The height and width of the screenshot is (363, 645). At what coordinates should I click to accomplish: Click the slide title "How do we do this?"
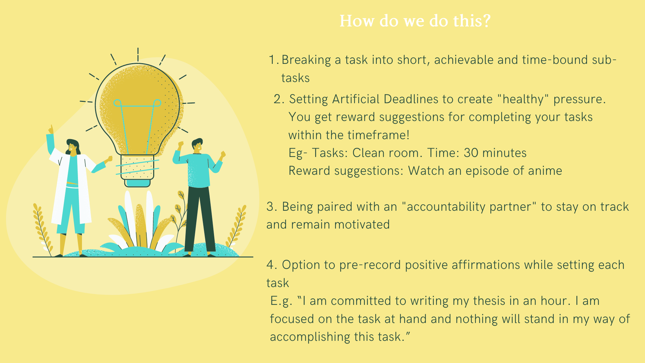(x=415, y=21)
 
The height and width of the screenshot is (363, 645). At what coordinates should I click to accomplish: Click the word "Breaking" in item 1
(x=306, y=60)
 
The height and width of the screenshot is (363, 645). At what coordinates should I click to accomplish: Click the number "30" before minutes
(x=471, y=153)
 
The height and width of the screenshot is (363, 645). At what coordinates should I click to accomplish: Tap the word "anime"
(x=545, y=171)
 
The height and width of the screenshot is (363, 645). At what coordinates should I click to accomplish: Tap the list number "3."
(x=272, y=207)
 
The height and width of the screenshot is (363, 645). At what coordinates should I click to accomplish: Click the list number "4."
(x=272, y=265)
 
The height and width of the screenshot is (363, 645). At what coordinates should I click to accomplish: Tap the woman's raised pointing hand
(x=51, y=129)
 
